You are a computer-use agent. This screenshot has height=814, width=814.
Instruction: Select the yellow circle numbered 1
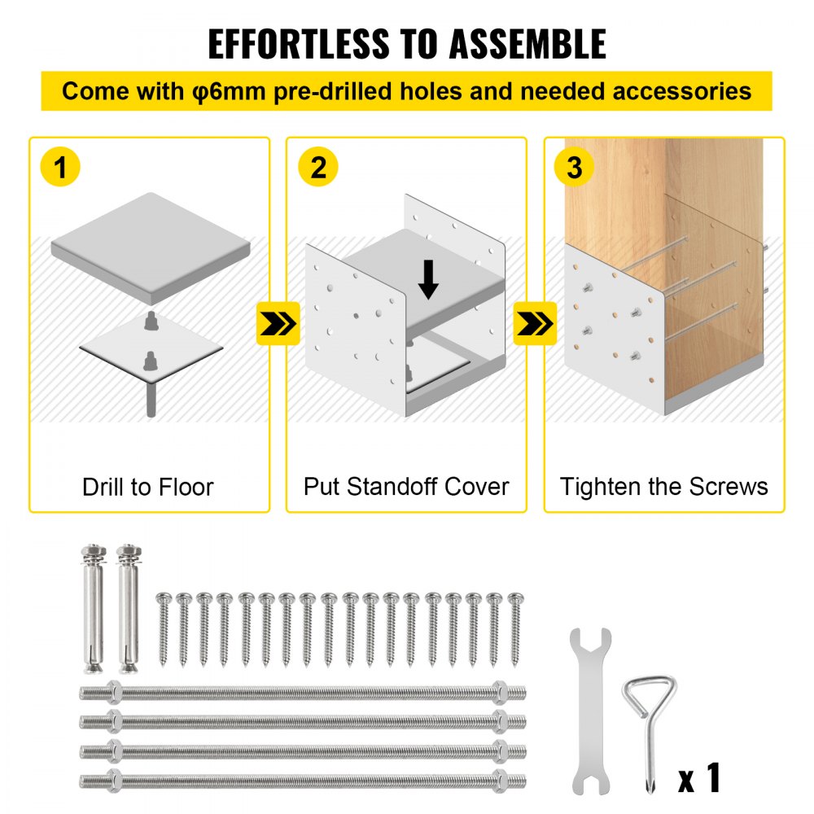coord(60,168)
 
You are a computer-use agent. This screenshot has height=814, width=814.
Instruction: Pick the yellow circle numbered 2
coord(317,168)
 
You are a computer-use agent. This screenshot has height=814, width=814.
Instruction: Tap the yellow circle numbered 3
coord(575,168)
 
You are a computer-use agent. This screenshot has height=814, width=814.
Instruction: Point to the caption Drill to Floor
coord(148,488)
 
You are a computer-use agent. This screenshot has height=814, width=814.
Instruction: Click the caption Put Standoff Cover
coord(406,488)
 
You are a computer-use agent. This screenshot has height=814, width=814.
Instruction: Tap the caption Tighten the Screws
coord(663,488)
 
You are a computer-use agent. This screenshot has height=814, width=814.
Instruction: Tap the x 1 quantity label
coord(700,777)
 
